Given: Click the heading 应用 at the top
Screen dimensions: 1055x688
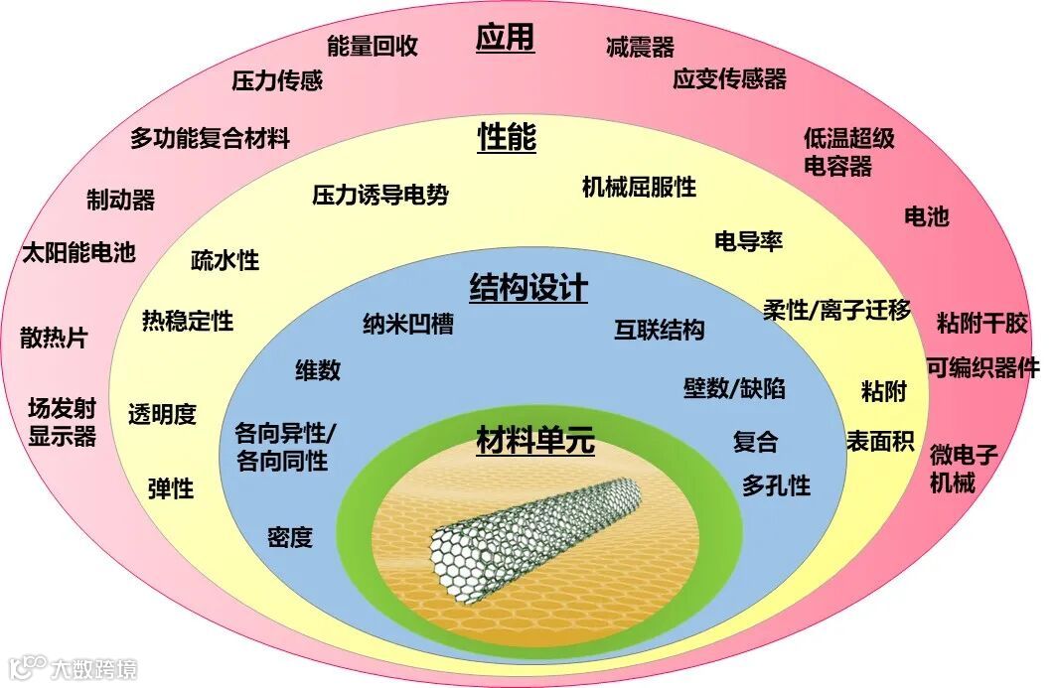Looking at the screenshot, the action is (505, 39).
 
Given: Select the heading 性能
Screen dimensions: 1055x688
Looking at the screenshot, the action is (507, 138).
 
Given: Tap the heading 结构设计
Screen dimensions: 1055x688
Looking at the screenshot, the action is (528, 288).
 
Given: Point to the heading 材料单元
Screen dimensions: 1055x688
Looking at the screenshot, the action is (534, 439).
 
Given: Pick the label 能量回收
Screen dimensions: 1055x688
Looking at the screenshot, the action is (373, 46).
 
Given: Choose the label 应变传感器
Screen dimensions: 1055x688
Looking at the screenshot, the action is (729, 79).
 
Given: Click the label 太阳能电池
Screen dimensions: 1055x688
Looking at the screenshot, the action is (78, 252).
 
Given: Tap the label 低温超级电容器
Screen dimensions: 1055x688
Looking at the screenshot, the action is (848, 152).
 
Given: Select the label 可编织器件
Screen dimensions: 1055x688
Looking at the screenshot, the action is (982, 367).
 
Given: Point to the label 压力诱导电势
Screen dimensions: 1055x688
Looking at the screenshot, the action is (380, 195).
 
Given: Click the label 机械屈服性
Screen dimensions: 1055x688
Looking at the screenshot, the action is (639, 187).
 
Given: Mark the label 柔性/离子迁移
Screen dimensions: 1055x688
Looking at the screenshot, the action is (836, 310).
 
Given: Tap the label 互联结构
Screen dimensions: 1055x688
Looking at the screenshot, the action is (659, 331).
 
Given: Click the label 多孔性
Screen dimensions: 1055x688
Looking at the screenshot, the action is (776, 485).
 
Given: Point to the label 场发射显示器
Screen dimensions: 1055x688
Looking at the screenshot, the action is (62, 422).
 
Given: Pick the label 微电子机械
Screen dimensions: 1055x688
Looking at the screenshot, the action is (965, 470).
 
